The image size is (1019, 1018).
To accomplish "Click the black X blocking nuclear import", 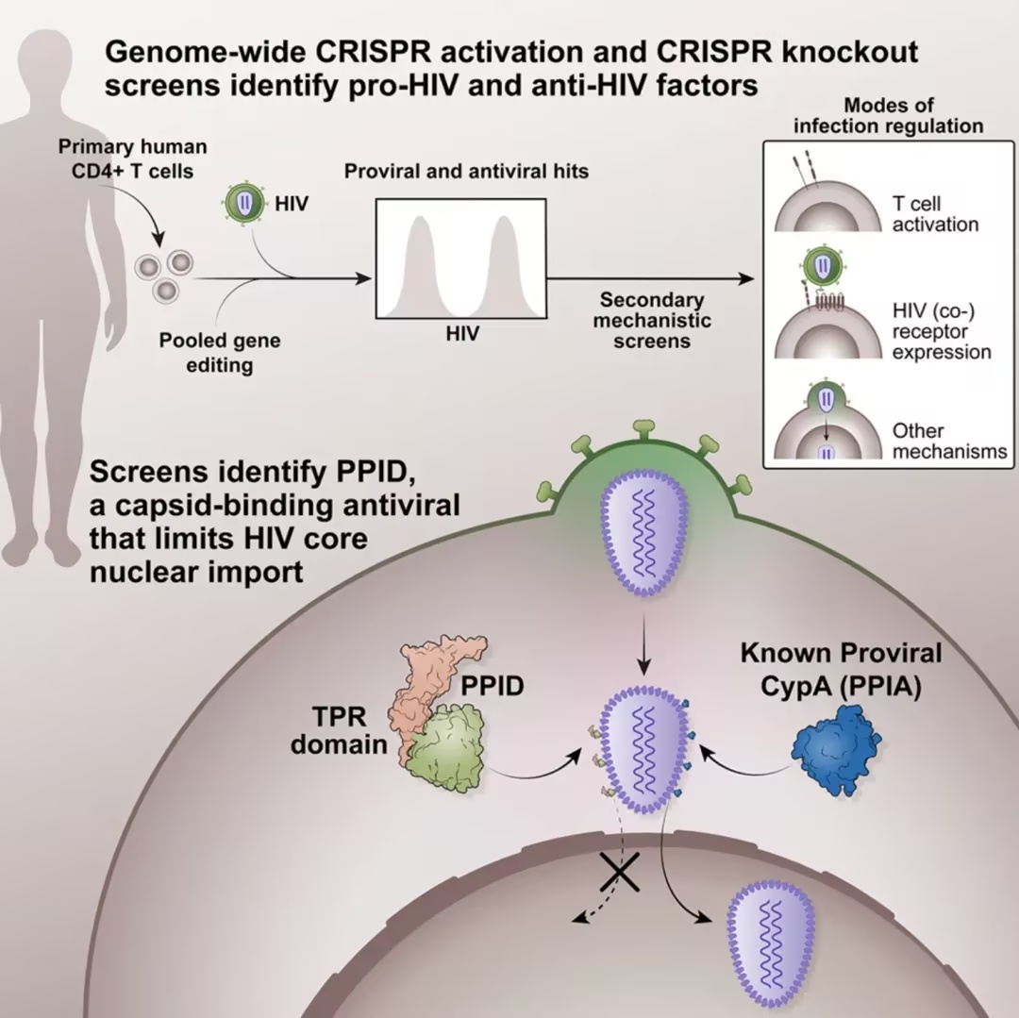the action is coord(620,872).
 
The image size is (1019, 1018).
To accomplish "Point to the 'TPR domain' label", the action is coord(339,731).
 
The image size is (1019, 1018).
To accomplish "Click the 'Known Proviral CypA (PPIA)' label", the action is coord(841,670).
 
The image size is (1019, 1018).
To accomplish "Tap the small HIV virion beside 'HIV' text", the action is coord(244,204).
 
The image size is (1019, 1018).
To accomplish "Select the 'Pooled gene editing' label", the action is coord(220,353).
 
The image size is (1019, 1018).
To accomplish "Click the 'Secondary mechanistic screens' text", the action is coord(652,320).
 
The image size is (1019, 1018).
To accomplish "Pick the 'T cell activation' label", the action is coord(935,214).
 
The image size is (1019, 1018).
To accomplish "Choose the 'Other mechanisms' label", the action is coord(949,441).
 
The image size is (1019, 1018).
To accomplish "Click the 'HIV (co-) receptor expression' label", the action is coord(942,331).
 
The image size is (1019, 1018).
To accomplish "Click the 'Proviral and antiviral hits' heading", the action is coord(466,171).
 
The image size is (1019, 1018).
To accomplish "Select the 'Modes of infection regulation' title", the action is coord(889,115).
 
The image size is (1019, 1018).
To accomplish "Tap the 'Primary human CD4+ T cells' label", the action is coord(133,159).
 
